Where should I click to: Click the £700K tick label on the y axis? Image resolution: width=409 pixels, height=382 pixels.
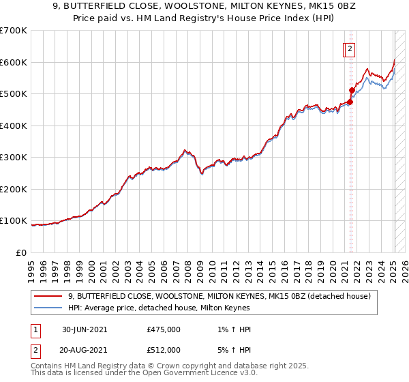click(x=14, y=31)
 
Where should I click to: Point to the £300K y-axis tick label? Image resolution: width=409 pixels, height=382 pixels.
click(x=14, y=158)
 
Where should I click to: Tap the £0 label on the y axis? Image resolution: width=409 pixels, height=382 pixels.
click(x=22, y=252)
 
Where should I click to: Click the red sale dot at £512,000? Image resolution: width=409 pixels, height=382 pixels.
click(x=352, y=90)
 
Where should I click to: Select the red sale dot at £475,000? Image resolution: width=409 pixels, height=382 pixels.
click(x=350, y=102)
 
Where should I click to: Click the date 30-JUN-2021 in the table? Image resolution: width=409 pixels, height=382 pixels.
click(x=85, y=330)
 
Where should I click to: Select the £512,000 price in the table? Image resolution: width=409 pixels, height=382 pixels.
click(x=164, y=350)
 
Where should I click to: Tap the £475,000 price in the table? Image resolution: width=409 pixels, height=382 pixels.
click(x=164, y=330)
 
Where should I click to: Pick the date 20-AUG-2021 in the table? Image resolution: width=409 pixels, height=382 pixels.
click(x=85, y=350)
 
